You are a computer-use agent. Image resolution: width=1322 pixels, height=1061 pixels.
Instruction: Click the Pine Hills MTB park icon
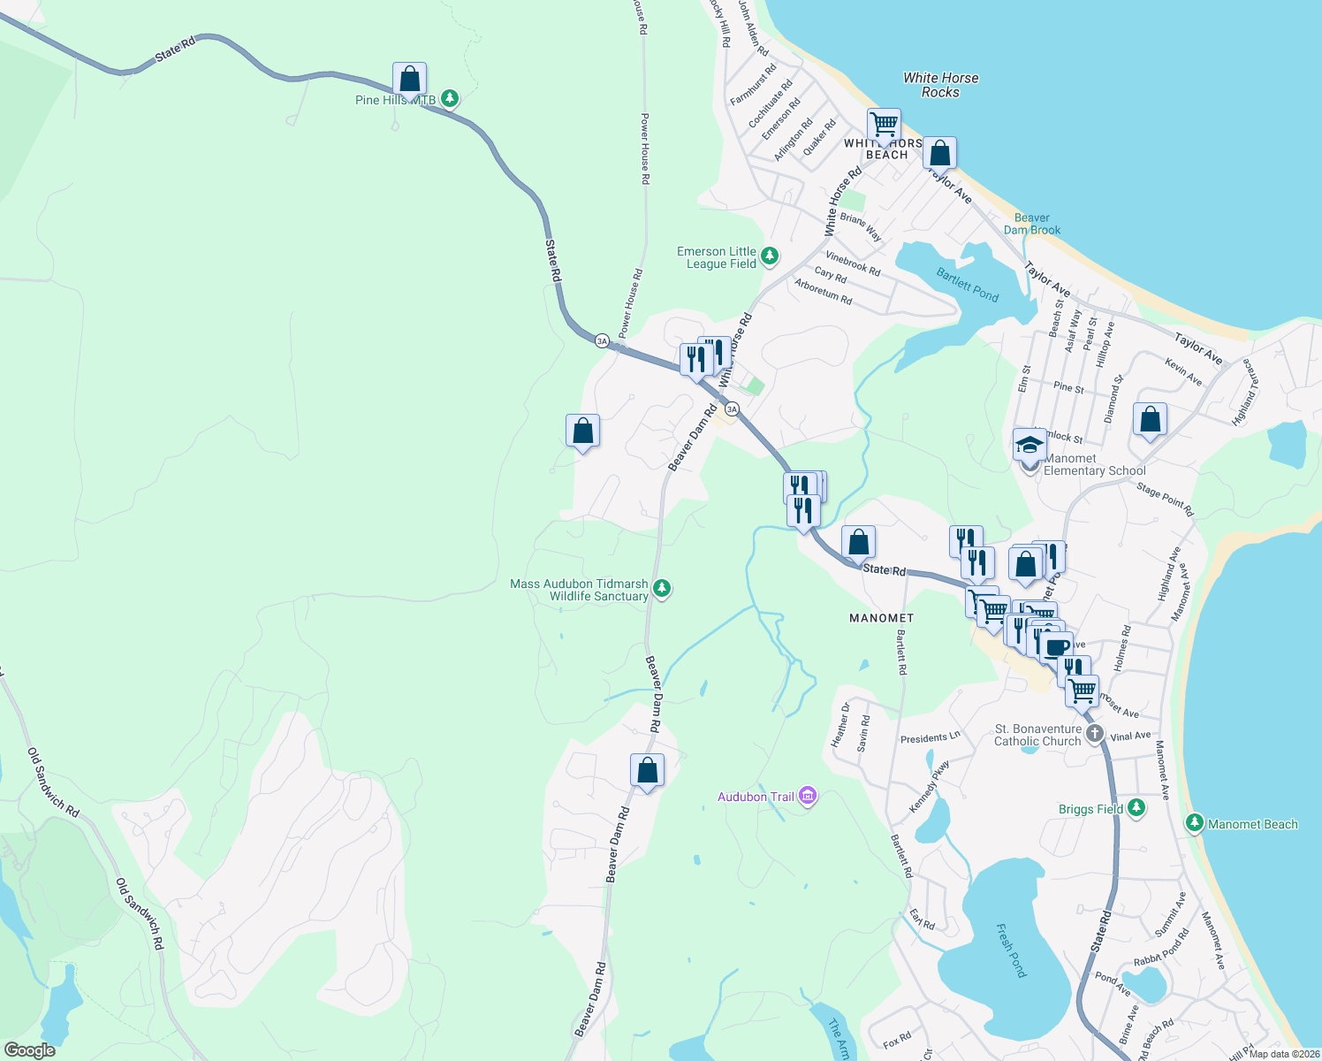coord(450,98)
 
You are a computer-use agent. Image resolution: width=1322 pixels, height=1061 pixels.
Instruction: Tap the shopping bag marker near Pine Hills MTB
coord(409,80)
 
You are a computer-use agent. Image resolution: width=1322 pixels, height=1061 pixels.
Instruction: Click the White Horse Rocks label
coord(940,85)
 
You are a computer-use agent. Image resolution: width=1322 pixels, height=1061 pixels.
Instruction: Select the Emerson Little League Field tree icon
coord(770,256)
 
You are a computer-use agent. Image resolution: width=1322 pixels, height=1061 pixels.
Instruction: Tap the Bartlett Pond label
coord(967,285)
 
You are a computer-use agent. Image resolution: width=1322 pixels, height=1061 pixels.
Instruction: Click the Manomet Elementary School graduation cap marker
coord(1029,445)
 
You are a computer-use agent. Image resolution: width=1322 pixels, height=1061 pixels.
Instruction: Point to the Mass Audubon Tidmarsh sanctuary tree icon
coord(661,589)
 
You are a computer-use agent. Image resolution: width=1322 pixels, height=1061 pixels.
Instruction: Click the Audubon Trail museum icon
coord(807,797)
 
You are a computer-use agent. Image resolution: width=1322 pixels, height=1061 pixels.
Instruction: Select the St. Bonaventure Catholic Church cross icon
coord(1095,733)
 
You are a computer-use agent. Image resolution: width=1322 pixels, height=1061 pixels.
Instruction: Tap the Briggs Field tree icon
coord(1136,808)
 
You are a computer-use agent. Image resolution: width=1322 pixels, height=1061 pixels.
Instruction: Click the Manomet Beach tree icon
coord(1195,824)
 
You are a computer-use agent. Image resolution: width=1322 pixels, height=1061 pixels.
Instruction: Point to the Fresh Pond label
coord(1011,950)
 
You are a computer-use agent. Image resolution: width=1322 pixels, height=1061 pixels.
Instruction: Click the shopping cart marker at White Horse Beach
coord(883,125)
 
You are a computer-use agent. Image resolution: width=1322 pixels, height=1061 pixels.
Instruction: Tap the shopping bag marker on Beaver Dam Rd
coord(647,771)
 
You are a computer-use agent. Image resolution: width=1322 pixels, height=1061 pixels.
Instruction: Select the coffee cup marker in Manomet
coord(1056,646)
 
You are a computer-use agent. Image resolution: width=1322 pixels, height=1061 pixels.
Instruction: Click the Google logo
coord(29,1050)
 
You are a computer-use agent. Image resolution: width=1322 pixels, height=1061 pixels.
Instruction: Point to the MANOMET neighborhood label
coord(881,618)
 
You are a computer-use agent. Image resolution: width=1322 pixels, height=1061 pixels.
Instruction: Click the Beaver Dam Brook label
coord(1031,224)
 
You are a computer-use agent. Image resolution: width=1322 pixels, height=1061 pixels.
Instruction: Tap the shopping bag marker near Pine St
coord(1150,420)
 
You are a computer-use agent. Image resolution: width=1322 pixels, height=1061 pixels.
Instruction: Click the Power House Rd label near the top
coord(645,149)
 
